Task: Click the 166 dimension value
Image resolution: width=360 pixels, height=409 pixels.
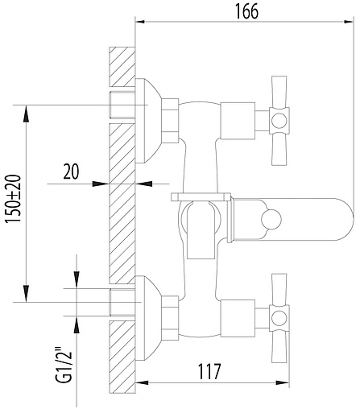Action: click(x=244, y=10)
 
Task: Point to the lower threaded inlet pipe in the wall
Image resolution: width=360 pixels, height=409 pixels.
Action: click(x=121, y=301)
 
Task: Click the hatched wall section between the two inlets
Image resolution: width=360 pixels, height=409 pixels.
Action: click(x=121, y=201)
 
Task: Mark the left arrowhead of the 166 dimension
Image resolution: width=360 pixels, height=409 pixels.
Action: click(x=139, y=21)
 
